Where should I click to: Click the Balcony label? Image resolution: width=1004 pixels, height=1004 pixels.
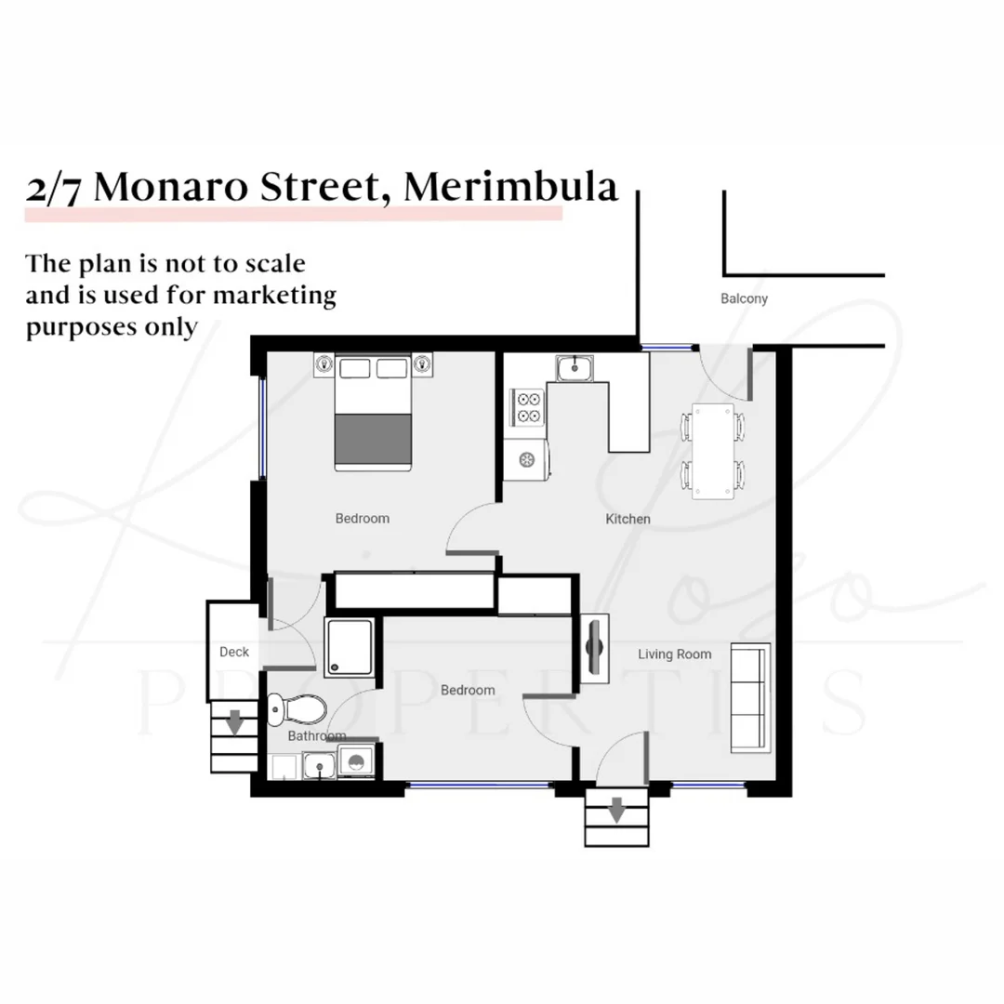pyautogui.click(x=744, y=299)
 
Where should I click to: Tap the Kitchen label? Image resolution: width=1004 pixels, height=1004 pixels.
pyautogui.click(x=627, y=519)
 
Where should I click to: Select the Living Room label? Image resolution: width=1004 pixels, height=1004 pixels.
pyautogui.click(x=674, y=654)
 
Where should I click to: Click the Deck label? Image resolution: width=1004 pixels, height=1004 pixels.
pyautogui.click(x=234, y=652)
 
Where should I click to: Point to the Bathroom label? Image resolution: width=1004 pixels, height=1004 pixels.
pyautogui.click(x=316, y=735)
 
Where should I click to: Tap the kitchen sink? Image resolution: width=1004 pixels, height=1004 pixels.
pyautogui.click(x=576, y=369)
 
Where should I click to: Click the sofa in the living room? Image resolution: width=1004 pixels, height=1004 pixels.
pyautogui.click(x=749, y=697)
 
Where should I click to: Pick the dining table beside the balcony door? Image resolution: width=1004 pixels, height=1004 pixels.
pyautogui.click(x=713, y=450)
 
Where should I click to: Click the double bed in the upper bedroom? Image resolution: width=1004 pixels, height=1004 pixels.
pyautogui.click(x=373, y=414)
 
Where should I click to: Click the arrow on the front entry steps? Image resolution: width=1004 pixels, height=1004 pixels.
pyautogui.click(x=615, y=812)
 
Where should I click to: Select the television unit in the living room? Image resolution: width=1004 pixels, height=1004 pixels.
pyautogui.click(x=593, y=648)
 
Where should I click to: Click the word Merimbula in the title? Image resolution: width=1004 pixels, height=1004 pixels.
pyautogui.click(x=510, y=187)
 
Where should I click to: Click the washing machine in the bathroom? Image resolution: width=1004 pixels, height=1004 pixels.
pyautogui.click(x=356, y=761)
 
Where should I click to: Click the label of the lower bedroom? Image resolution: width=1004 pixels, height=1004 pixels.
pyautogui.click(x=468, y=690)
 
